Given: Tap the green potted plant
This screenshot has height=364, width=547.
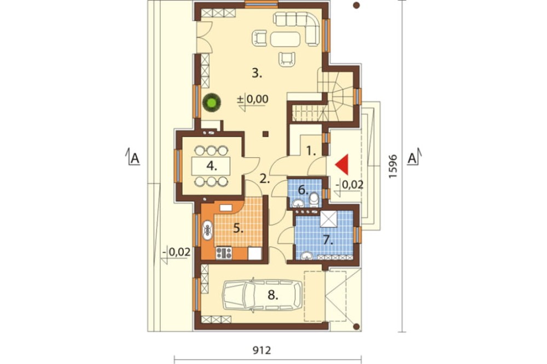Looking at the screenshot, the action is (211, 103).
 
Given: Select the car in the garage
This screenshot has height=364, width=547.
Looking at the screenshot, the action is (263, 295).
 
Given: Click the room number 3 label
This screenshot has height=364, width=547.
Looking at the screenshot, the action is (257, 74).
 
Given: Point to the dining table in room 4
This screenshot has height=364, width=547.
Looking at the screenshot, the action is (211, 166).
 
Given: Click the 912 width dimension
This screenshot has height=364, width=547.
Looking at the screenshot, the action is (261, 350).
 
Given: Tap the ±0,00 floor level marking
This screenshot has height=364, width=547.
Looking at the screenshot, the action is (253, 99).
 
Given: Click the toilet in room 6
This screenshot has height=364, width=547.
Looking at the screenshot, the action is (314, 199).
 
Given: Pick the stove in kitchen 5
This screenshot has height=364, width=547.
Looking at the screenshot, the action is (224, 253).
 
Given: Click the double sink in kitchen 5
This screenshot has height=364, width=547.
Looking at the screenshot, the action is (207, 230).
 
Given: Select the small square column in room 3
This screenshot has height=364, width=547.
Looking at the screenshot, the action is (265, 134).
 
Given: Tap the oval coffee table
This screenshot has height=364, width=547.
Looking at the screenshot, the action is (285, 39).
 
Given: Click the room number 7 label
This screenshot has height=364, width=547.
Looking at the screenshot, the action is (327, 239).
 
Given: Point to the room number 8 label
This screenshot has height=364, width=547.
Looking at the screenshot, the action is (273, 296).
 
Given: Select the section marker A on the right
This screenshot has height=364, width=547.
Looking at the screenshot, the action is (412, 158).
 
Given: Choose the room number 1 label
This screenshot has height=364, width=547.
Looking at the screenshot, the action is (311, 151).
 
